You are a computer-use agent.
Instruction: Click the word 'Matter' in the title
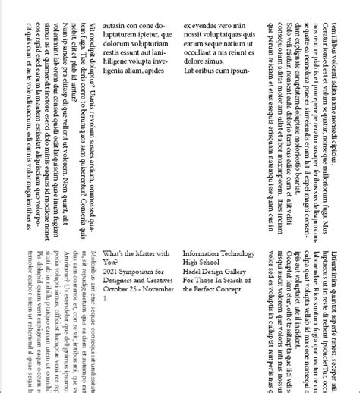(148, 253)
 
